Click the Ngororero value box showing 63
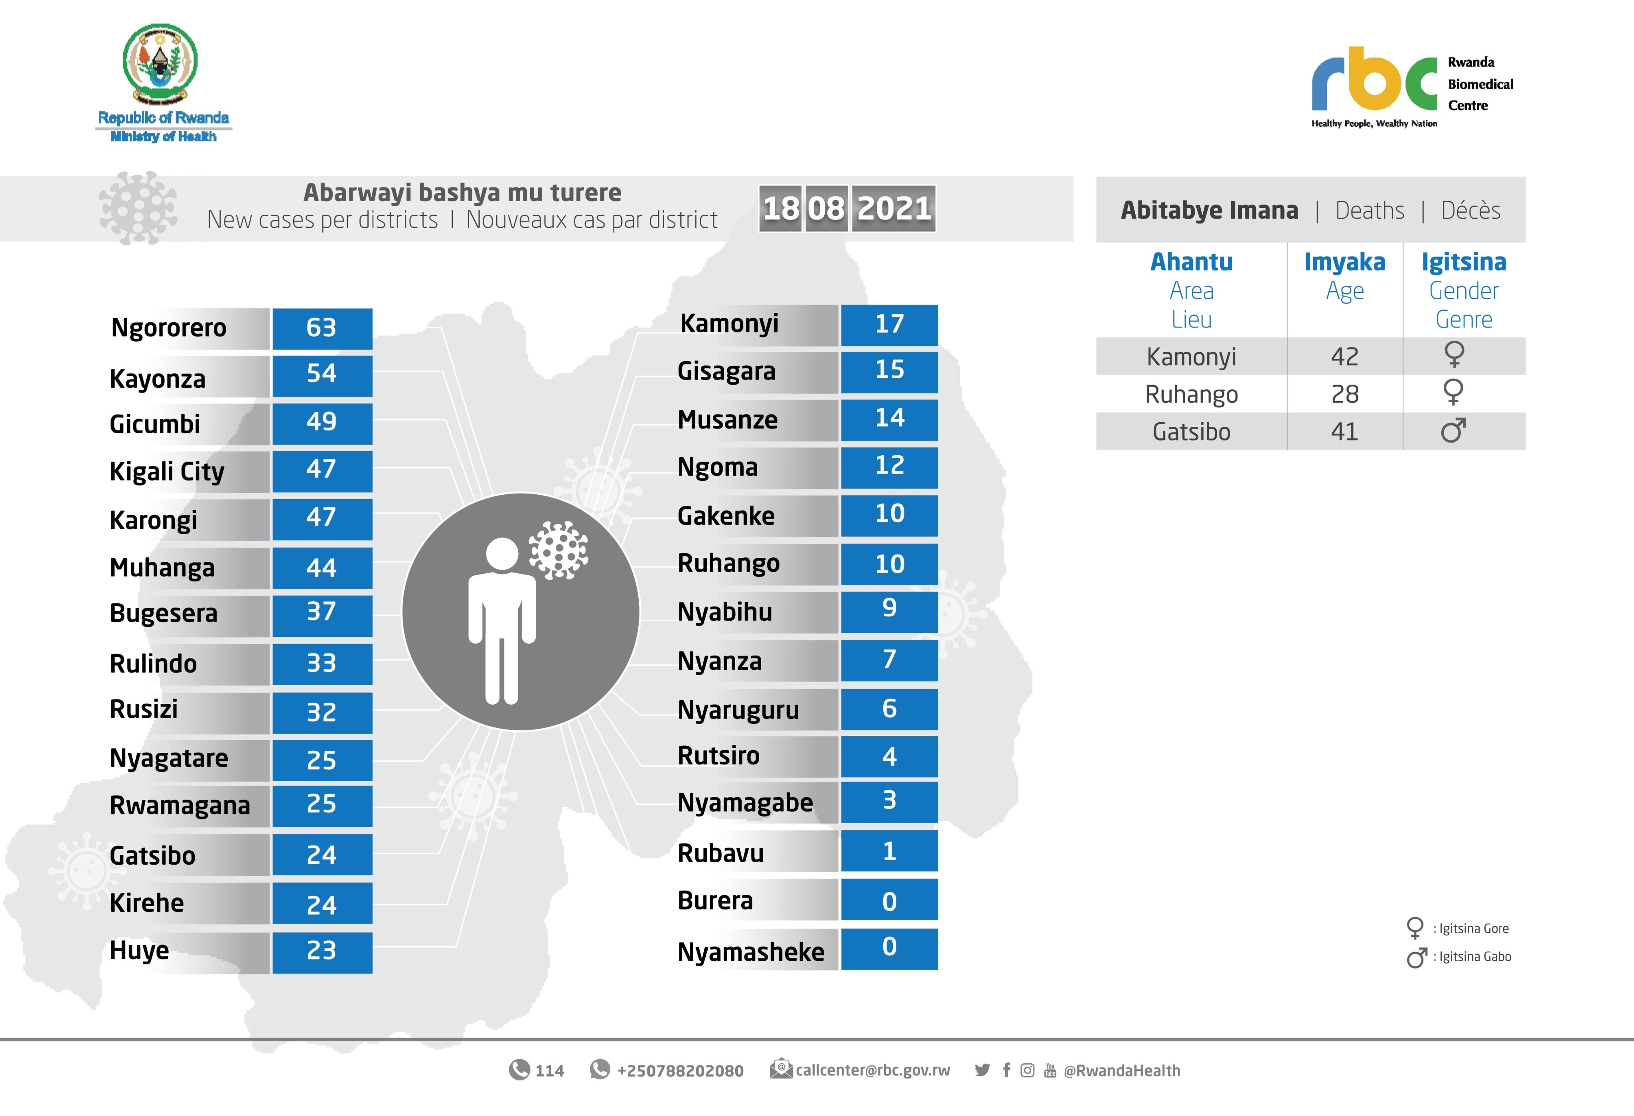[322, 328]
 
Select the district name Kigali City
[167, 471]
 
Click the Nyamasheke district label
[750, 952]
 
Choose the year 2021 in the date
[894, 208]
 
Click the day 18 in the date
[780, 208]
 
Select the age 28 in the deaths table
[1344, 394]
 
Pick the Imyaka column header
[1344, 262]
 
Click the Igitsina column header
[1464, 262]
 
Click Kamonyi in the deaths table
[1191, 357]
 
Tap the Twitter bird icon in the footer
[982, 1070]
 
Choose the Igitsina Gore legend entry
[1473, 928]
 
